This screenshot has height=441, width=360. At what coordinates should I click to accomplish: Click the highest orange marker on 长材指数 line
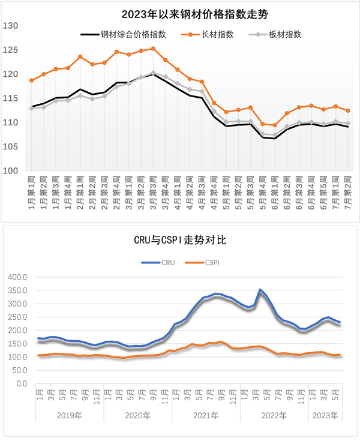click(x=153, y=49)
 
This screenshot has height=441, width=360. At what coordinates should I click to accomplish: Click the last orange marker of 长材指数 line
click(x=348, y=110)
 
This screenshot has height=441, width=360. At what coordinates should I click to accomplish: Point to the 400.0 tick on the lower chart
click(x=17, y=277)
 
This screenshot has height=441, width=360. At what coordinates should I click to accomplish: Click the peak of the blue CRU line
click(x=260, y=290)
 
